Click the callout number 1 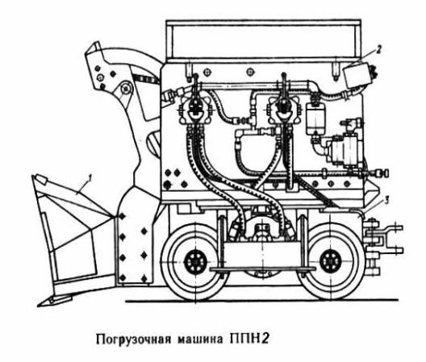coord(89,178)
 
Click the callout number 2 coord(379,50)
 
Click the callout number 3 coord(386,201)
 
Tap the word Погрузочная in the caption coord(133,339)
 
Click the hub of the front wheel coord(195,262)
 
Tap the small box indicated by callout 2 coord(358,74)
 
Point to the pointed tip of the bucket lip coord(39,306)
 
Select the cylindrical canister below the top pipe coord(315,119)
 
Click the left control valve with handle coord(196,109)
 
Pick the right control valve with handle coord(283,109)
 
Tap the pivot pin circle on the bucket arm coord(126,89)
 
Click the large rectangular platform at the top coord(264,41)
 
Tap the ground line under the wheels coord(261,301)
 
